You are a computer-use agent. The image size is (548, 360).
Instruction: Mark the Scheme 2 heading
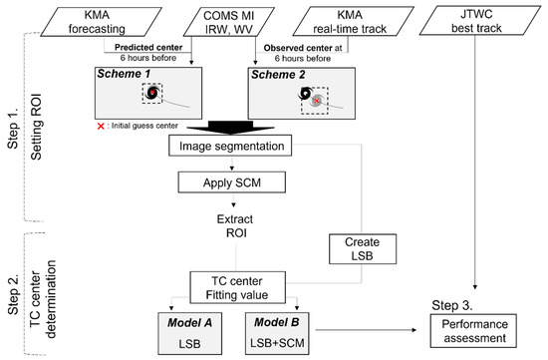pyautogui.click(x=276, y=74)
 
